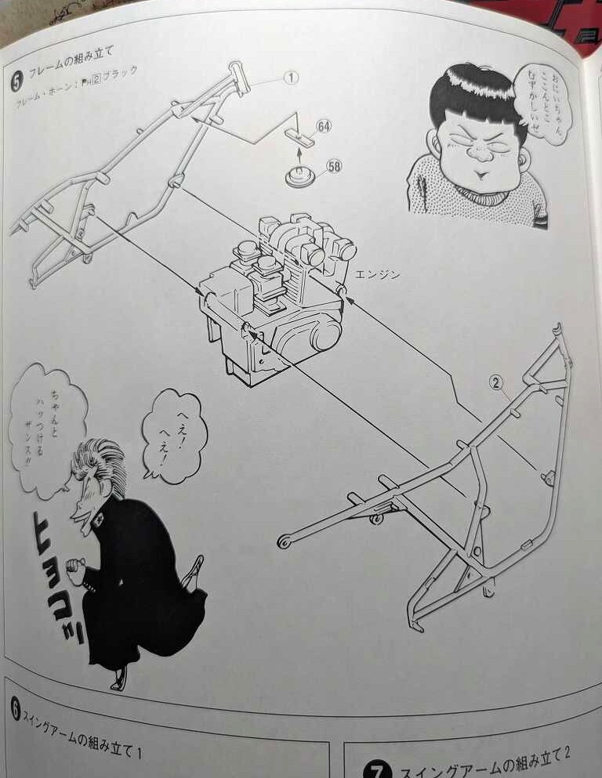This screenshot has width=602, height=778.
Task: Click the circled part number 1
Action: pos(291,78)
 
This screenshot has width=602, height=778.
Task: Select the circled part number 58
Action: pos(333,166)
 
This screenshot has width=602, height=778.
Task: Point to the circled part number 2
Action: pos(495,382)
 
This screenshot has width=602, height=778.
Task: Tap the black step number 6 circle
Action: pos(16,710)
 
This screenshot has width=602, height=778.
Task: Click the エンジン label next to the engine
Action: pos(377,274)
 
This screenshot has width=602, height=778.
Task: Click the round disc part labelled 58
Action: pos(299,177)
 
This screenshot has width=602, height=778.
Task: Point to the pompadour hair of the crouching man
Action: pos(99,467)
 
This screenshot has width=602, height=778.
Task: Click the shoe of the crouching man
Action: pos(119,678)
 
